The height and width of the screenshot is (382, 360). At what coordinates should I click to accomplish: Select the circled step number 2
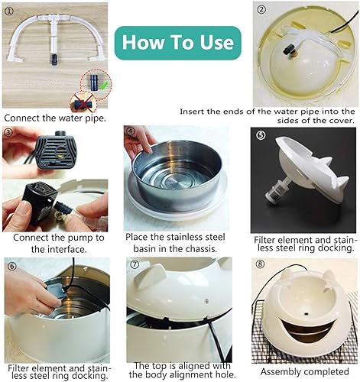(x=260, y=11)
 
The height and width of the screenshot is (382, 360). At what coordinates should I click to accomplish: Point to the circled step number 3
(x=8, y=132)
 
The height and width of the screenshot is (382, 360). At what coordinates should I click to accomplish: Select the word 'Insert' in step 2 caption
(x=193, y=112)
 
